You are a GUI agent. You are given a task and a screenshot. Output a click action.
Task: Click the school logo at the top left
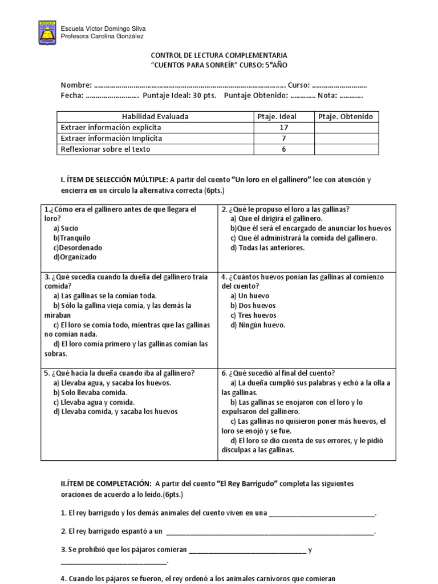pyautogui.click(x=47, y=32)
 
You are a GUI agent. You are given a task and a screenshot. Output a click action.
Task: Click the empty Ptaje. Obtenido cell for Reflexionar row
pyautogui.click(x=346, y=149)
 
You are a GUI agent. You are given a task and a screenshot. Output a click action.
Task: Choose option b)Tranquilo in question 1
pyautogui.click(x=72, y=238)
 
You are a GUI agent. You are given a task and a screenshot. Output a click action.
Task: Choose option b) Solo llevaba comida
pyautogui.click(x=90, y=392)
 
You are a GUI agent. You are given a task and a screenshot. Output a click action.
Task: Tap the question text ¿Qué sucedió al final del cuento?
pyautogui.click(x=282, y=373)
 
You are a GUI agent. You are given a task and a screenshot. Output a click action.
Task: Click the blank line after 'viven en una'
pyautogui.click(x=322, y=513)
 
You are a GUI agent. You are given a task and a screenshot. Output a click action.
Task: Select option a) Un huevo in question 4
pyautogui.click(x=250, y=296)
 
